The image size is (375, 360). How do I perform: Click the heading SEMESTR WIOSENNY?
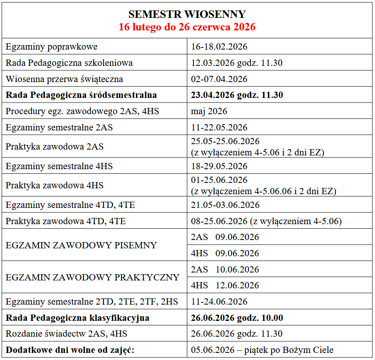[x=187, y=14]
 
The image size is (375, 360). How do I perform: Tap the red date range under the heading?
[x=187, y=27]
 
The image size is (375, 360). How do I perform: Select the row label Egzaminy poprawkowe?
[x=52, y=47]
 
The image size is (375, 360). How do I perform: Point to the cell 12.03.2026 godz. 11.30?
[x=237, y=63]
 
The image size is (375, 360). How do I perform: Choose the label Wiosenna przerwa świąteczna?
[x=64, y=79]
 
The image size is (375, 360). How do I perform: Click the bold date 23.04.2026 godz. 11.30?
[x=237, y=95]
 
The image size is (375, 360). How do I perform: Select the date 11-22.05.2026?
[x=219, y=127]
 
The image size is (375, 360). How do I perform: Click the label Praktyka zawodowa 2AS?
[x=55, y=147]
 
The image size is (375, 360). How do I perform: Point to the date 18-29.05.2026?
[x=219, y=166]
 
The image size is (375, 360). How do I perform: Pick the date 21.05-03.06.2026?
[x=225, y=205]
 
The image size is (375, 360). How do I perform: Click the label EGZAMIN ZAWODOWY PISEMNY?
[x=81, y=245]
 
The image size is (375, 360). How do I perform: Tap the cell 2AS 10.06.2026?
[x=225, y=270]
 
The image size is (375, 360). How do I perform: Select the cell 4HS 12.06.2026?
[x=225, y=285]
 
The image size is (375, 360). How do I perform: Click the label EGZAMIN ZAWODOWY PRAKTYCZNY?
[x=92, y=277]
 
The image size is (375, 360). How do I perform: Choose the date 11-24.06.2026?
[x=219, y=302]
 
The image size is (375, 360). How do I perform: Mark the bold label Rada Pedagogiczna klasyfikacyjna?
[x=77, y=318]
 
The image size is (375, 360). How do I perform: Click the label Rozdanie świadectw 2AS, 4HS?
[x=67, y=334]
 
